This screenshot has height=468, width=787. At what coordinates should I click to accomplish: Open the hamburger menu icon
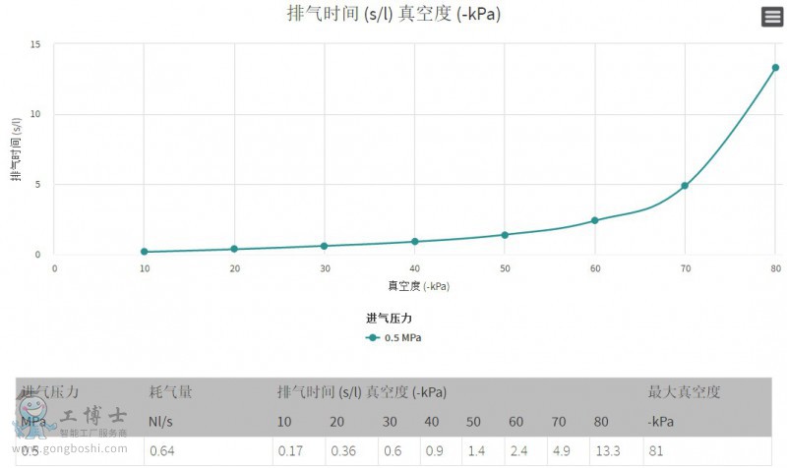tap(771, 17)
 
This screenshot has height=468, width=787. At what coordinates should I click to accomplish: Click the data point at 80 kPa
tap(775, 68)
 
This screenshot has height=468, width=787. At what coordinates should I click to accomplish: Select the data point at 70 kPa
tap(685, 186)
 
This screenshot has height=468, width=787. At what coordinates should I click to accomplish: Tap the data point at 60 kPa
tap(594, 220)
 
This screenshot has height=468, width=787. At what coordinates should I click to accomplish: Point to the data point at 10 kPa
tap(145, 252)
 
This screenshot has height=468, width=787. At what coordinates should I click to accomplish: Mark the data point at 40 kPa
tap(415, 241)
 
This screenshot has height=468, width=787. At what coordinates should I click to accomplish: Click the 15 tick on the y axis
tap(35, 44)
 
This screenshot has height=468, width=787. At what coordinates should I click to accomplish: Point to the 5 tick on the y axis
tap(37, 184)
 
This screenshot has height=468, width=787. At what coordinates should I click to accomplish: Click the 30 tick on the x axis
tap(325, 268)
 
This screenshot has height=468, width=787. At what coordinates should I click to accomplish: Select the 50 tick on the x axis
tap(505, 268)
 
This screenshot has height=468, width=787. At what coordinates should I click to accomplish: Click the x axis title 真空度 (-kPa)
tap(418, 286)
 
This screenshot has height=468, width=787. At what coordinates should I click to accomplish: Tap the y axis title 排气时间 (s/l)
tap(17, 149)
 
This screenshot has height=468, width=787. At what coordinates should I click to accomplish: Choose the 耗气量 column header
tap(170, 392)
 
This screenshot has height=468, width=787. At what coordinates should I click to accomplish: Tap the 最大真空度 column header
tap(684, 392)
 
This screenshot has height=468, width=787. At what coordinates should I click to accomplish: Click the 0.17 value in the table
tap(289, 451)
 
